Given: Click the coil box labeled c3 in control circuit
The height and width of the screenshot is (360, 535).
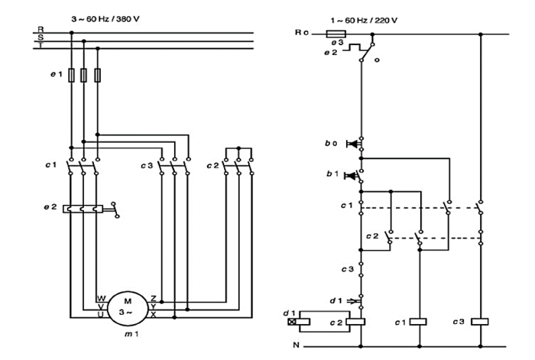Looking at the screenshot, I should click(x=481, y=322).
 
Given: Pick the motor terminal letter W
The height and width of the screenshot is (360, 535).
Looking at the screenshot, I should click(x=99, y=297).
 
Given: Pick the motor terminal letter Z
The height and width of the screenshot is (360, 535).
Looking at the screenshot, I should click(x=154, y=298).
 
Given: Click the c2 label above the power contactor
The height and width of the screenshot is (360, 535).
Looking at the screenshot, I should click(x=212, y=165).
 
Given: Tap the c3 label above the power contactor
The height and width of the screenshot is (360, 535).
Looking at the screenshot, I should click(x=146, y=165).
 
